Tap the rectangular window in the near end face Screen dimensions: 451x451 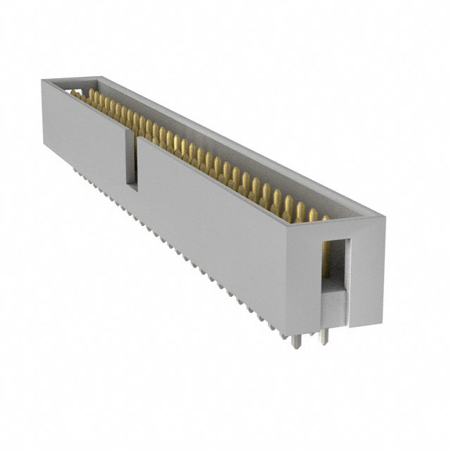[335, 268]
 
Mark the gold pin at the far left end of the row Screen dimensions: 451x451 [74, 93]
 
